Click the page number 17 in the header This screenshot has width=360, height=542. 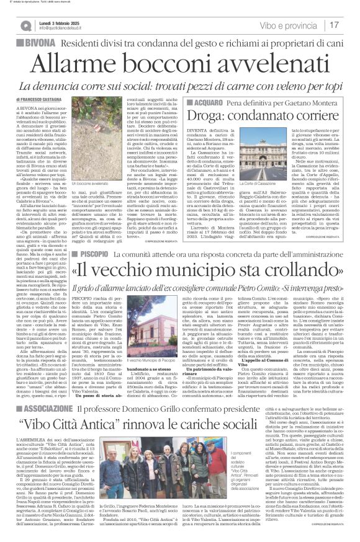coord(351,25)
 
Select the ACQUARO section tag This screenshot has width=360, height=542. coord(206,101)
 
